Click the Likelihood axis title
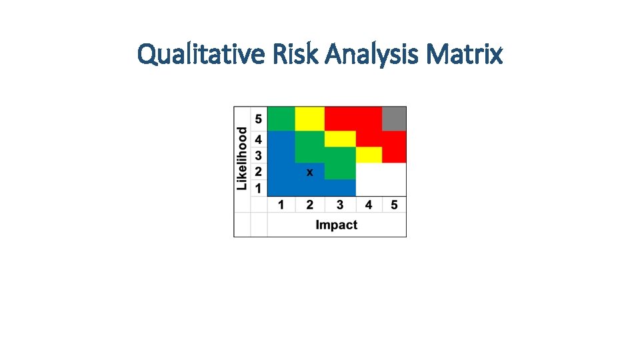tap(242, 158)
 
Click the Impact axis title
tap(336, 225)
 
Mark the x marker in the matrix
tap(309, 172)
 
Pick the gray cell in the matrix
tap(394, 119)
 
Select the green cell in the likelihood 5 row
tap(281, 119)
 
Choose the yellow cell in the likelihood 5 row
tap(309, 119)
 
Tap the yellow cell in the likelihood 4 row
tap(340, 139)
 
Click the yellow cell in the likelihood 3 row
tap(369, 155)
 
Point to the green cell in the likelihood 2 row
tap(340, 171)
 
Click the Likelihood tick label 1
tap(259, 189)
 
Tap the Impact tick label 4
tap(369, 205)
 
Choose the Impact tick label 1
tap(281, 205)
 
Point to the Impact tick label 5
tap(394, 205)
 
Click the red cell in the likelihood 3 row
tap(394, 155)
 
